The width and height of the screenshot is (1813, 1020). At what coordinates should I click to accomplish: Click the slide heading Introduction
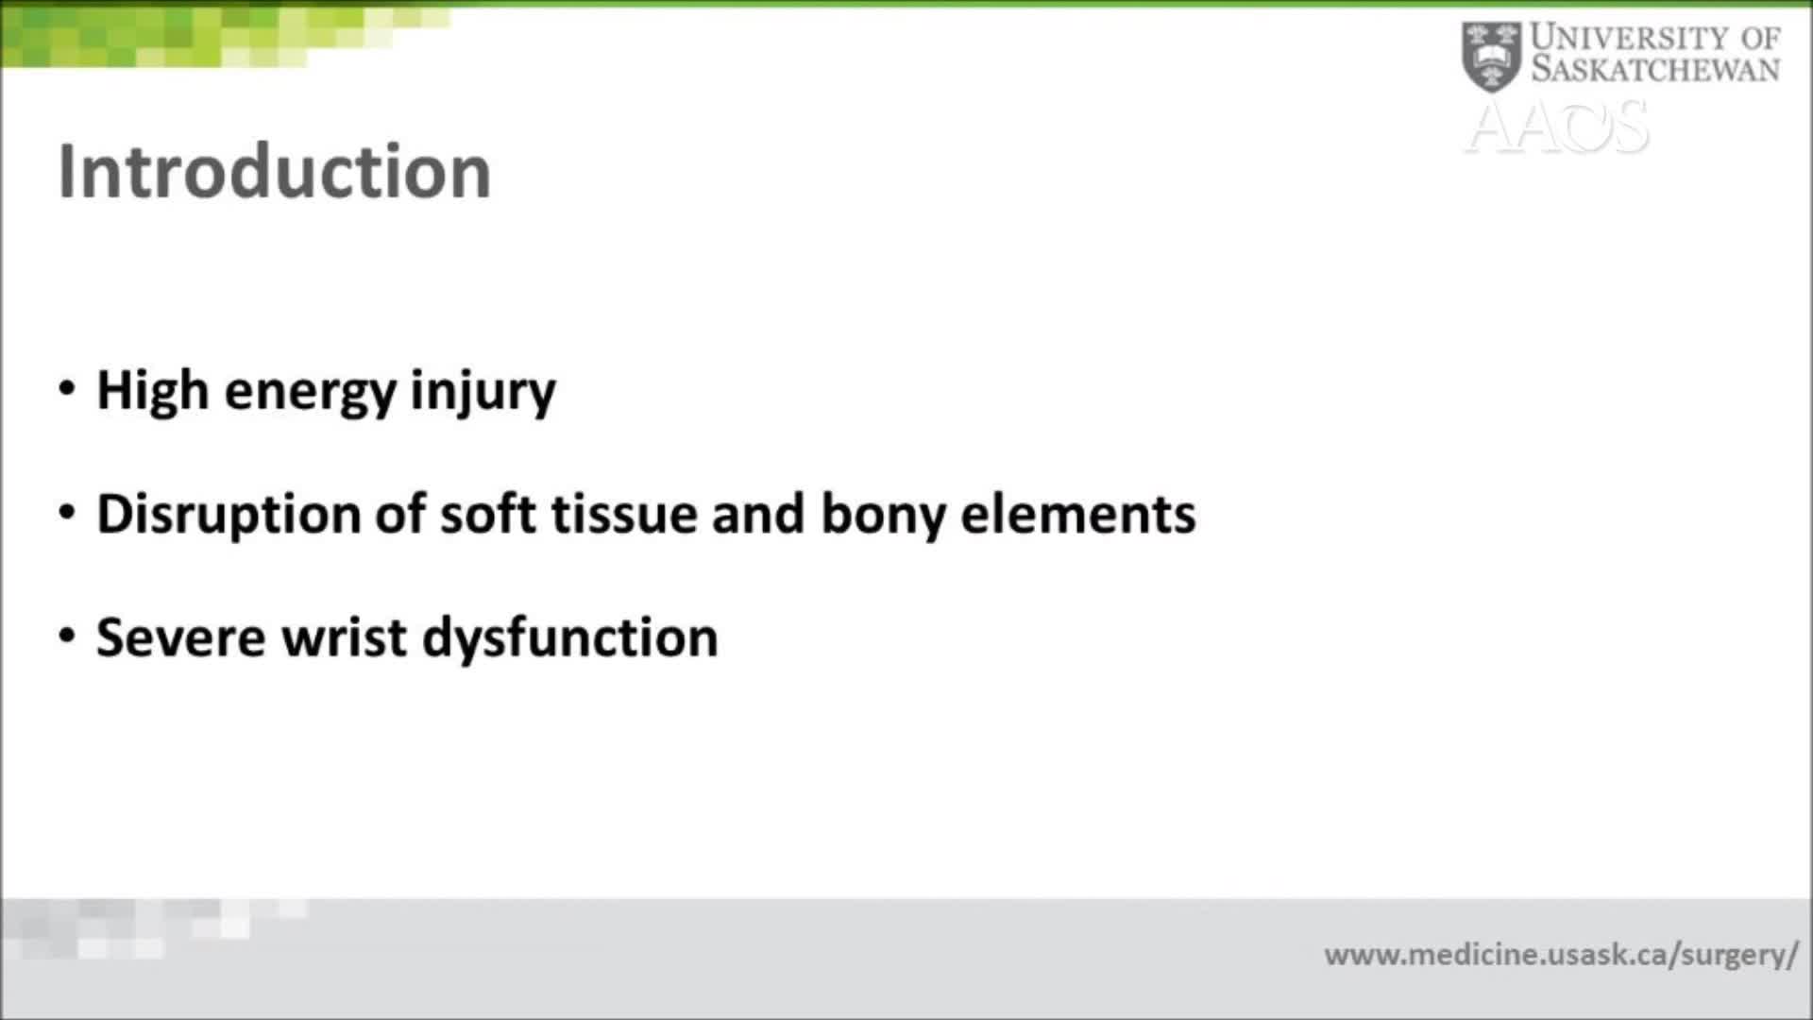pos(274,172)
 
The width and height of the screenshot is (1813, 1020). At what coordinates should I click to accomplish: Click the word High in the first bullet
pos(152,391)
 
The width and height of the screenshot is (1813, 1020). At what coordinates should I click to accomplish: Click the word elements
pos(1077,515)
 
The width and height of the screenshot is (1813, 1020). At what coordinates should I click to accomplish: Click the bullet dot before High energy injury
pos(66,389)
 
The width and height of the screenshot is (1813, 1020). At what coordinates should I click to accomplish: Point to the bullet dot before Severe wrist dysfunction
pos(66,636)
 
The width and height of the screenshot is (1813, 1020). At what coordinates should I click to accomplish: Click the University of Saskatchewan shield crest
pos(1491,57)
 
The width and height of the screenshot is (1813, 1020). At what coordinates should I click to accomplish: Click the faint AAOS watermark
pos(1558,127)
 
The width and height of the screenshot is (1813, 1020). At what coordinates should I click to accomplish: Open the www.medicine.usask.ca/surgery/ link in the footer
pos(1560,955)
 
